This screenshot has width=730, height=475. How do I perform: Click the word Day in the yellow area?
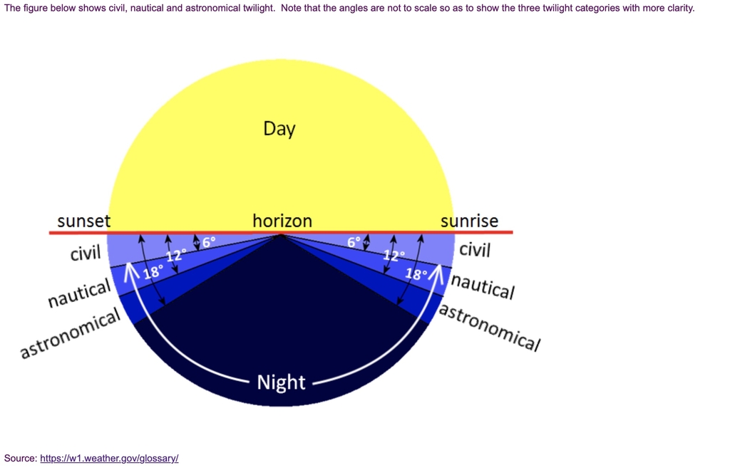pyautogui.click(x=279, y=129)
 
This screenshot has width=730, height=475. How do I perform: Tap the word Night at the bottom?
pyautogui.click(x=281, y=382)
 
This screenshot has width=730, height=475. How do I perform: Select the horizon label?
pyautogui.click(x=282, y=221)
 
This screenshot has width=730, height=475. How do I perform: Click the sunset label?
pyautogui.click(x=84, y=221)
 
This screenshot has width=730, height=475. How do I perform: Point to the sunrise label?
pyautogui.click(x=469, y=221)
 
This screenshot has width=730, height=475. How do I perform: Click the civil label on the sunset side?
pyautogui.click(x=86, y=254)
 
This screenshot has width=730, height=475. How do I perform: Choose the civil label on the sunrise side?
pyautogui.click(x=475, y=250)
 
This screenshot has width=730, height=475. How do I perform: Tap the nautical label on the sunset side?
pyautogui.click(x=80, y=293)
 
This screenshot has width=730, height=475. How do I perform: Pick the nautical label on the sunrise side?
pyautogui.click(x=483, y=286)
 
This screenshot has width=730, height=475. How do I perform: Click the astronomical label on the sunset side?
pyautogui.click(x=71, y=333)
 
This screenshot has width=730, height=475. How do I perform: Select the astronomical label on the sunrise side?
pyautogui.click(x=490, y=327)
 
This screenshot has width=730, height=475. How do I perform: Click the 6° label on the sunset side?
pyautogui.click(x=209, y=242)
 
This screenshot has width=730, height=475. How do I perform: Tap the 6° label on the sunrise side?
pyautogui.click(x=354, y=242)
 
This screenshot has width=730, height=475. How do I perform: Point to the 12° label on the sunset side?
pyautogui.click(x=176, y=256)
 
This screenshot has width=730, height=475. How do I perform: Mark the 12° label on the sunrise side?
pyautogui.click(x=394, y=256)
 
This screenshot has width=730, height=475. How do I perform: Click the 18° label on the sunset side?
pyautogui.click(x=153, y=272)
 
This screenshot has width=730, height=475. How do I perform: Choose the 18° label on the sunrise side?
pyautogui.click(x=416, y=273)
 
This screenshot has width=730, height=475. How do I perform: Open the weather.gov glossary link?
pyautogui.click(x=109, y=458)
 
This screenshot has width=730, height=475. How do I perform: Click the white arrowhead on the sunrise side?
pyautogui.click(x=436, y=273)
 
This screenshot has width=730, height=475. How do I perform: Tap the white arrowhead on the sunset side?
pyautogui.click(x=131, y=273)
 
